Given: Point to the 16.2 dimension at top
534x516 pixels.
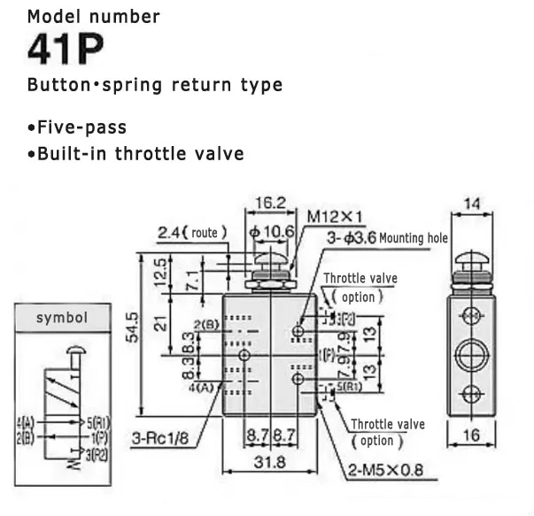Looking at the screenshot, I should pos(268,203).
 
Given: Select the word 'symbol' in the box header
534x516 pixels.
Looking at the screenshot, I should pos(60,317).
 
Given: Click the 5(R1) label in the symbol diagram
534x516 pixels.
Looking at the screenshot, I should pos(97,421).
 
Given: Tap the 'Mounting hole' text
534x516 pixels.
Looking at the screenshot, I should pos(414,238).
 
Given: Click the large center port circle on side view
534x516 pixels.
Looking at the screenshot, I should pos(470,357).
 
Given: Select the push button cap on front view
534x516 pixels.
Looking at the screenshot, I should pos(269,263).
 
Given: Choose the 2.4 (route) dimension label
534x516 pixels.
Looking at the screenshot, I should pos(193,233).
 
